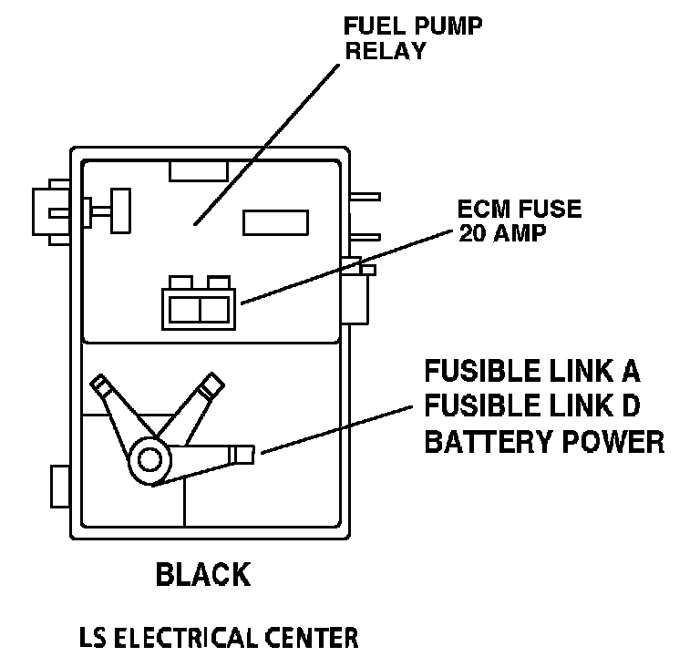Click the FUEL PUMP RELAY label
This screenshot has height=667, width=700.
tap(413, 37)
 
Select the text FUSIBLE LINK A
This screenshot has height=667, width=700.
tap(532, 373)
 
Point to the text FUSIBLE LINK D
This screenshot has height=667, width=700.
tap(532, 407)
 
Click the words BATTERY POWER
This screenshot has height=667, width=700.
tap(544, 442)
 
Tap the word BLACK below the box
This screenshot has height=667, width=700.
tap(202, 575)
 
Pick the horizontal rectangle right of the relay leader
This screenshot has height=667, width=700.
tap(275, 223)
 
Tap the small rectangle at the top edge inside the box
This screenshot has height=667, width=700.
tap(196, 170)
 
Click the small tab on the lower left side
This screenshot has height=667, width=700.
tap(58, 486)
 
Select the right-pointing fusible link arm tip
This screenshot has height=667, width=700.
tap(246, 452)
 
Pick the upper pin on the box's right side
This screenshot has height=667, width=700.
tap(365, 196)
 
